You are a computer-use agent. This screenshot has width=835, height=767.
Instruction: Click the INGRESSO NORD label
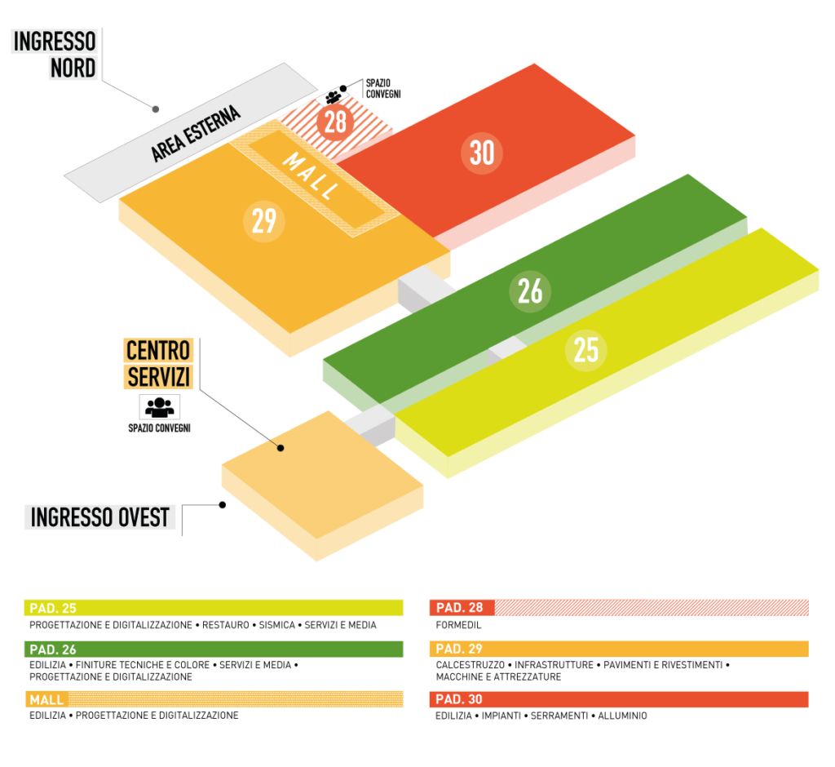[55, 55]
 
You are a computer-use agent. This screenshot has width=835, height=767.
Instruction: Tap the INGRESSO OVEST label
[100, 517]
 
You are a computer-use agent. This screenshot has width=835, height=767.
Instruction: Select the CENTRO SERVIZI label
[158, 364]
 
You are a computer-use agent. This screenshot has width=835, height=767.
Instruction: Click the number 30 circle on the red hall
[482, 153]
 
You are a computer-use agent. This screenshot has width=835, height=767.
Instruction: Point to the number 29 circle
[264, 221]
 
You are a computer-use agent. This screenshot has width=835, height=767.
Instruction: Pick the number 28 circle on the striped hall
[335, 122]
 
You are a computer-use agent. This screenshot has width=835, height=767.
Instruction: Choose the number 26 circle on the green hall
[530, 291]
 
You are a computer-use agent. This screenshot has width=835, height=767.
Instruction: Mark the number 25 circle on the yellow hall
[585, 350]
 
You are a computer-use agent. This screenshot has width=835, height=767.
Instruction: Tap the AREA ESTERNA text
[196, 134]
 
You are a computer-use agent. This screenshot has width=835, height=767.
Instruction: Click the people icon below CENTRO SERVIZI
[159, 406]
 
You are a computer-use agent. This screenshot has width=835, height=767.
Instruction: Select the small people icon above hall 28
[333, 97]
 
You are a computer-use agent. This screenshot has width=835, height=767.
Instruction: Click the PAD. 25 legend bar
[214, 608]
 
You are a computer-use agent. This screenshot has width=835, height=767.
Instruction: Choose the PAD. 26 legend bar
[214, 650]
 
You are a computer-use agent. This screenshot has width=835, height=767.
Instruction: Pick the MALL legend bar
[214, 699]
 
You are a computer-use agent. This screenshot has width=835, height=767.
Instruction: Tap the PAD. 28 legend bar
[618, 608]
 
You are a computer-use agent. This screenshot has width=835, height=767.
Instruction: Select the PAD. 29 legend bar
[618, 650]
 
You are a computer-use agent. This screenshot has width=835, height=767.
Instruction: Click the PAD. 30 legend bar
[618, 699]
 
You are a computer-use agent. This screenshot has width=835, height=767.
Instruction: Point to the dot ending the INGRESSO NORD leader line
[156, 108]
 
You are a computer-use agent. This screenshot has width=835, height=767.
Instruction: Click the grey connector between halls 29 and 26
[424, 290]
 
